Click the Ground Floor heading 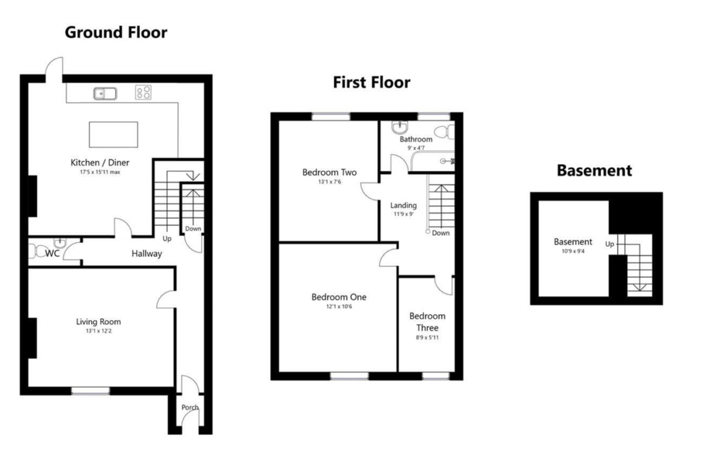coord(116,32)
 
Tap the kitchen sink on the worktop coord(105,93)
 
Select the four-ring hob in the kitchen coord(144,93)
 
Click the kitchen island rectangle coord(114,135)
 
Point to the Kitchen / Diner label coord(100,162)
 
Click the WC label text coord(52,254)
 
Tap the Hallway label coord(147,254)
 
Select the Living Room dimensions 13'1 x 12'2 coord(99,331)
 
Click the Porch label coord(190,408)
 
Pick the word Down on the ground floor coord(193,229)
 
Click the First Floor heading coord(372,82)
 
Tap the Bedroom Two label coord(329,173)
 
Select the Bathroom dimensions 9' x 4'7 coord(416,147)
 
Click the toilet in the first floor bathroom coord(445,132)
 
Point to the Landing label coord(404,206)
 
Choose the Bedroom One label coord(339,297)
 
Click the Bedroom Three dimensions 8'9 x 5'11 coord(427,338)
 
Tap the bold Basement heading coord(594,171)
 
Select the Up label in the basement coord(609,244)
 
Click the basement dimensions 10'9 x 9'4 coord(573,251)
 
